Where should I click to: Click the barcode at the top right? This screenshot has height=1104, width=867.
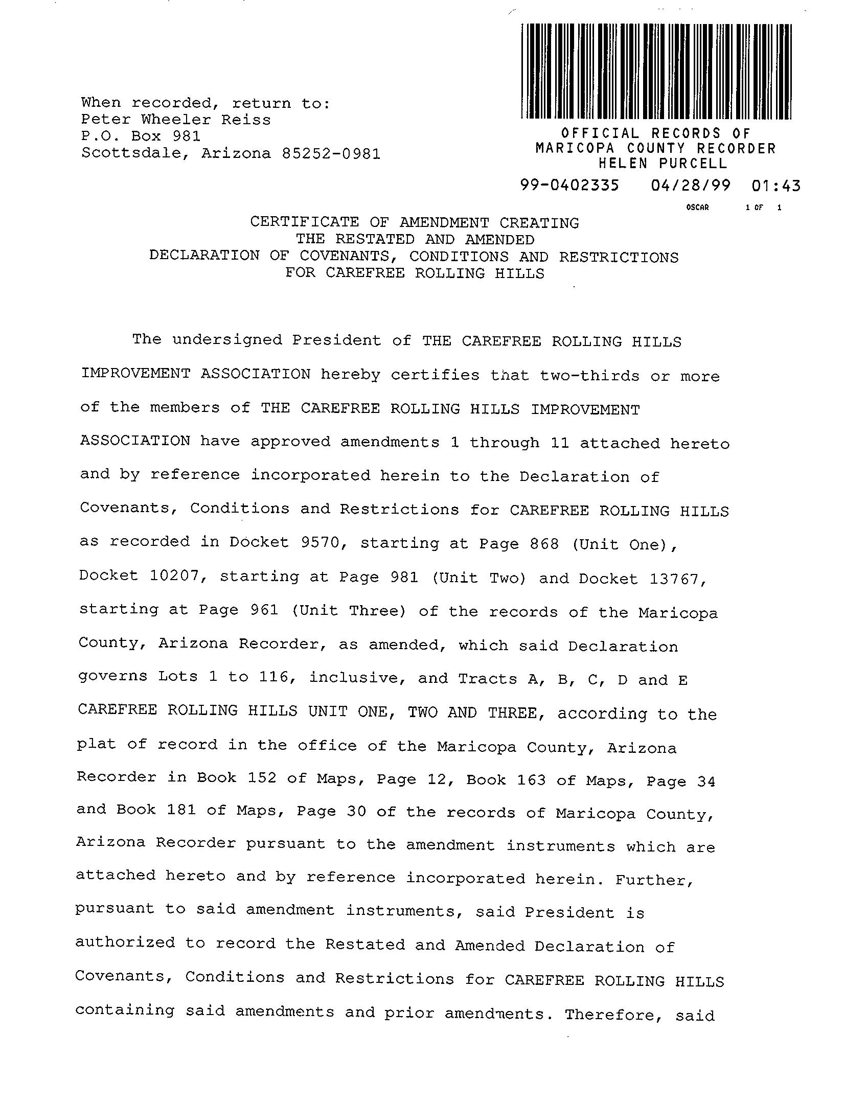pos(656,71)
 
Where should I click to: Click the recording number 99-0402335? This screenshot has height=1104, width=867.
pos(569,185)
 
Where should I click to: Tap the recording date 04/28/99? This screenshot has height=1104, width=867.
pos(691,185)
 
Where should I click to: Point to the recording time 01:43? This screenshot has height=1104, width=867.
pos(775,186)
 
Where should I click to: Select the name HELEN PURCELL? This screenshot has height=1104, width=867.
pos(663,164)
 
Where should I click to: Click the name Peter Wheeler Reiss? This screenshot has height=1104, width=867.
pos(176,120)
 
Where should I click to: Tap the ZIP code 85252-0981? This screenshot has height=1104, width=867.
pos(331,153)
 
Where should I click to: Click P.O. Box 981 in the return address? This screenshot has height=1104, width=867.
pos(141,136)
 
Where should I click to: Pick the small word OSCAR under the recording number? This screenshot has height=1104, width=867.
pos(698,208)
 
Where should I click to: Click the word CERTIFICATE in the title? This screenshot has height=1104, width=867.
pos(305,222)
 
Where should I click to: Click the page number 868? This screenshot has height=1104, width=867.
pos(544,544)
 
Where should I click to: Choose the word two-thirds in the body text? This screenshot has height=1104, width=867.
pos(589,376)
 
